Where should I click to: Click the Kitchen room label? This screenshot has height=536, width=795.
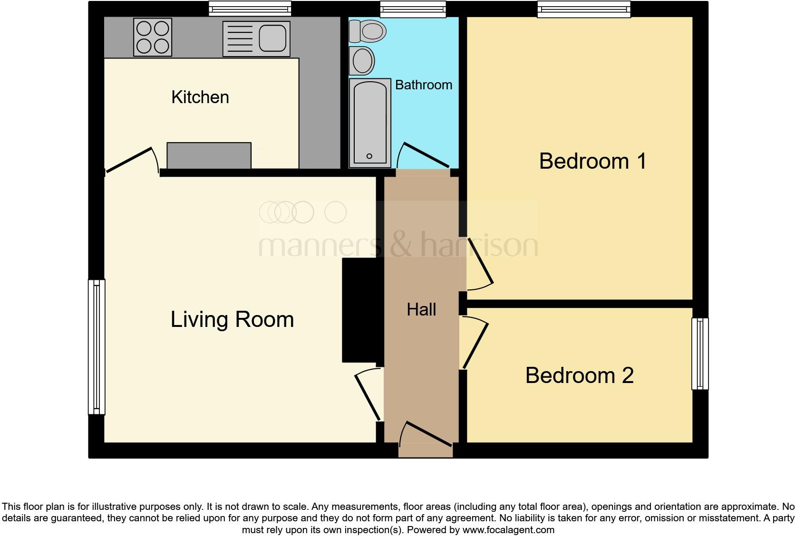click(200, 97)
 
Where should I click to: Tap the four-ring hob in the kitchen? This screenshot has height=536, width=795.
click(153, 37)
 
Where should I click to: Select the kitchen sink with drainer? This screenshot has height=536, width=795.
click(256, 38)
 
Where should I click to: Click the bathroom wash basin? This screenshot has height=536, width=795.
click(362, 60)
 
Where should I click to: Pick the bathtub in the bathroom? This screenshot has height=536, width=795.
click(370, 123)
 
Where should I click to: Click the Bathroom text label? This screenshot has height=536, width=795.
click(424, 85)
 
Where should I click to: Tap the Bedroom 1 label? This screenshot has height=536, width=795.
click(592, 161)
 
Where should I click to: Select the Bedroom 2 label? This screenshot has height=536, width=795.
click(579, 375)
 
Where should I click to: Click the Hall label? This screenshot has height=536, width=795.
click(421, 309)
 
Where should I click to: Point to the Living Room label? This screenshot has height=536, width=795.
click(232, 319)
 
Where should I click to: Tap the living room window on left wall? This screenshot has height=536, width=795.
click(97, 346)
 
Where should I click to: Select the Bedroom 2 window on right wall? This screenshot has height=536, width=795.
click(700, 354)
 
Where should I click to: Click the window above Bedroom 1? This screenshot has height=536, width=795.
click(584, 9)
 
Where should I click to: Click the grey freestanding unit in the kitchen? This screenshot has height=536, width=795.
click(209, 155)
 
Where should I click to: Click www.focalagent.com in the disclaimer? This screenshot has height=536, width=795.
click(508, 529)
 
